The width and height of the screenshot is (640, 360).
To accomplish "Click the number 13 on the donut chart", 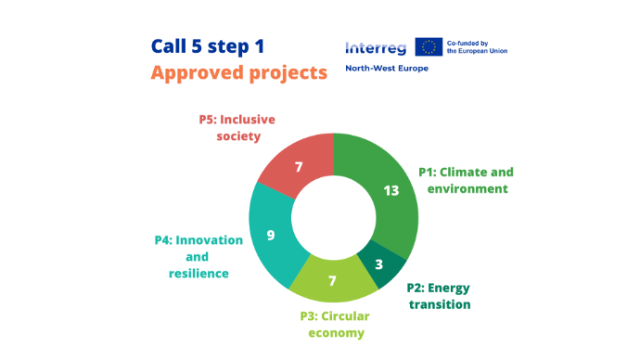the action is point(391,190).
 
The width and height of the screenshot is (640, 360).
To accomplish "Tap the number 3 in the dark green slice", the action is point(378,264).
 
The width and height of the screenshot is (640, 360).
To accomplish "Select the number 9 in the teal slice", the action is point(271,235).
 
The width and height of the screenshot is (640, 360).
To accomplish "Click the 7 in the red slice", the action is point(299,167).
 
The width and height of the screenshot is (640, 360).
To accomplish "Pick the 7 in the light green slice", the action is point(332,281).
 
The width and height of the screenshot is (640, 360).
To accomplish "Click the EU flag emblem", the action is point(429,46).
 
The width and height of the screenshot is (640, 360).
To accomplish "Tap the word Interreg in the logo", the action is point(376,48).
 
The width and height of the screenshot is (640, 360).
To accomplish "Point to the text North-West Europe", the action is point(387,68).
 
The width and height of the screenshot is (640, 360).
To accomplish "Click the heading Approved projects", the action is point(239,73).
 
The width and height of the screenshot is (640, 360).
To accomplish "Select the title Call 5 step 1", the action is point(208,46).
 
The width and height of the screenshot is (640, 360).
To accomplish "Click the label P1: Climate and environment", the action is point(467,180).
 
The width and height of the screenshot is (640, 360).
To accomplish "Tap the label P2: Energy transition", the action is point(439,296).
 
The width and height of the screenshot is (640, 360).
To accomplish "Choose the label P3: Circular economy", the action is point(335,325).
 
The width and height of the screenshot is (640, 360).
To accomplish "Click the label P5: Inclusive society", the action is point(237,128).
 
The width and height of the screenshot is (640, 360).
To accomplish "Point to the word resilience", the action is point(198,274).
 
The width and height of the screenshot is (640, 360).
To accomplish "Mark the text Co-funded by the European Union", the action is point(477,47).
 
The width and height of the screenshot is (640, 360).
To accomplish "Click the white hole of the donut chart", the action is point(334,217).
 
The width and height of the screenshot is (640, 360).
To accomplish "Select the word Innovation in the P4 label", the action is point(209,240).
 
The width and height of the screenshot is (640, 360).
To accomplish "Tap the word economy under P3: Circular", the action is point(337,333).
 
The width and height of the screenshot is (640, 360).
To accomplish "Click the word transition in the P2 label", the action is point(440,304).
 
